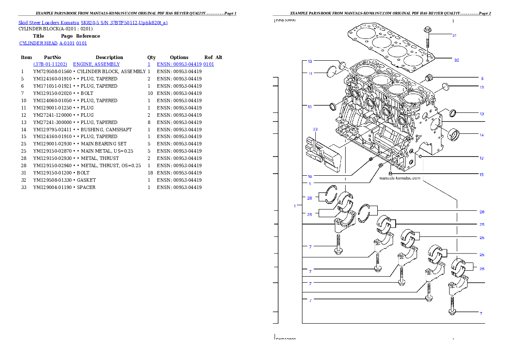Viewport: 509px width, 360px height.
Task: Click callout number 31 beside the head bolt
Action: pyautogui.click(x=454, y=35)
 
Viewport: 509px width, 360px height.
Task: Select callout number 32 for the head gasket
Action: pyautogui.click(x=456, y=60)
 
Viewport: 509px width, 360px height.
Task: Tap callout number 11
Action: pyautogui.click(x=310, y=74)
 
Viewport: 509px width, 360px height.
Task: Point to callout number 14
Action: pyautogui.click(x=481, y=135)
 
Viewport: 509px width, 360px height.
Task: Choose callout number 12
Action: pyautogui.click(x=481, y=158)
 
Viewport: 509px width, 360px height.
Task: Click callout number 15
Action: pyautogui.click(x=481, y=174)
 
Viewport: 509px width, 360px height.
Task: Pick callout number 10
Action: pyautogui.click(x=310, y=176)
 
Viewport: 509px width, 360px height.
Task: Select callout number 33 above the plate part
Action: pyautogui.click(x=315, y=129)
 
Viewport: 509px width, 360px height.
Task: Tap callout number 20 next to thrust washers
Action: pyautogui.click(x=310, y=198)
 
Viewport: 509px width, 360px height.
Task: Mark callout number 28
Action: pyautogui.click(x=482, y=212)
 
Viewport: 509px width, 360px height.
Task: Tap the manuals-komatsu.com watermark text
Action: pyautogui.click(x=400, y=178)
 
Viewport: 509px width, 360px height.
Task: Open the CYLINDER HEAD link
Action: pyautogui.click(x=53, y=44)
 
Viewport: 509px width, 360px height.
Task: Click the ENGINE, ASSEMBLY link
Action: pyautogui.click(x=96, y=64)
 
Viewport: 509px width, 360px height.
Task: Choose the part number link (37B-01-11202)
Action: pyautogui.click(x=50, y=64)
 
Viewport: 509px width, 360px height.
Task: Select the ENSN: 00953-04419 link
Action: pyautogui.click(x=185, y=64)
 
